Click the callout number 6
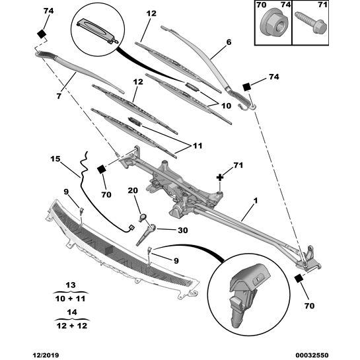(x=229, y=42)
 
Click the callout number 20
(x=132, y=191)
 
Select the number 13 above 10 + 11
(x=70, y=285)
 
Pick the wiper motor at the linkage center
(x=173, y=188)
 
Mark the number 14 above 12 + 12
(x=70, y=311)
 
